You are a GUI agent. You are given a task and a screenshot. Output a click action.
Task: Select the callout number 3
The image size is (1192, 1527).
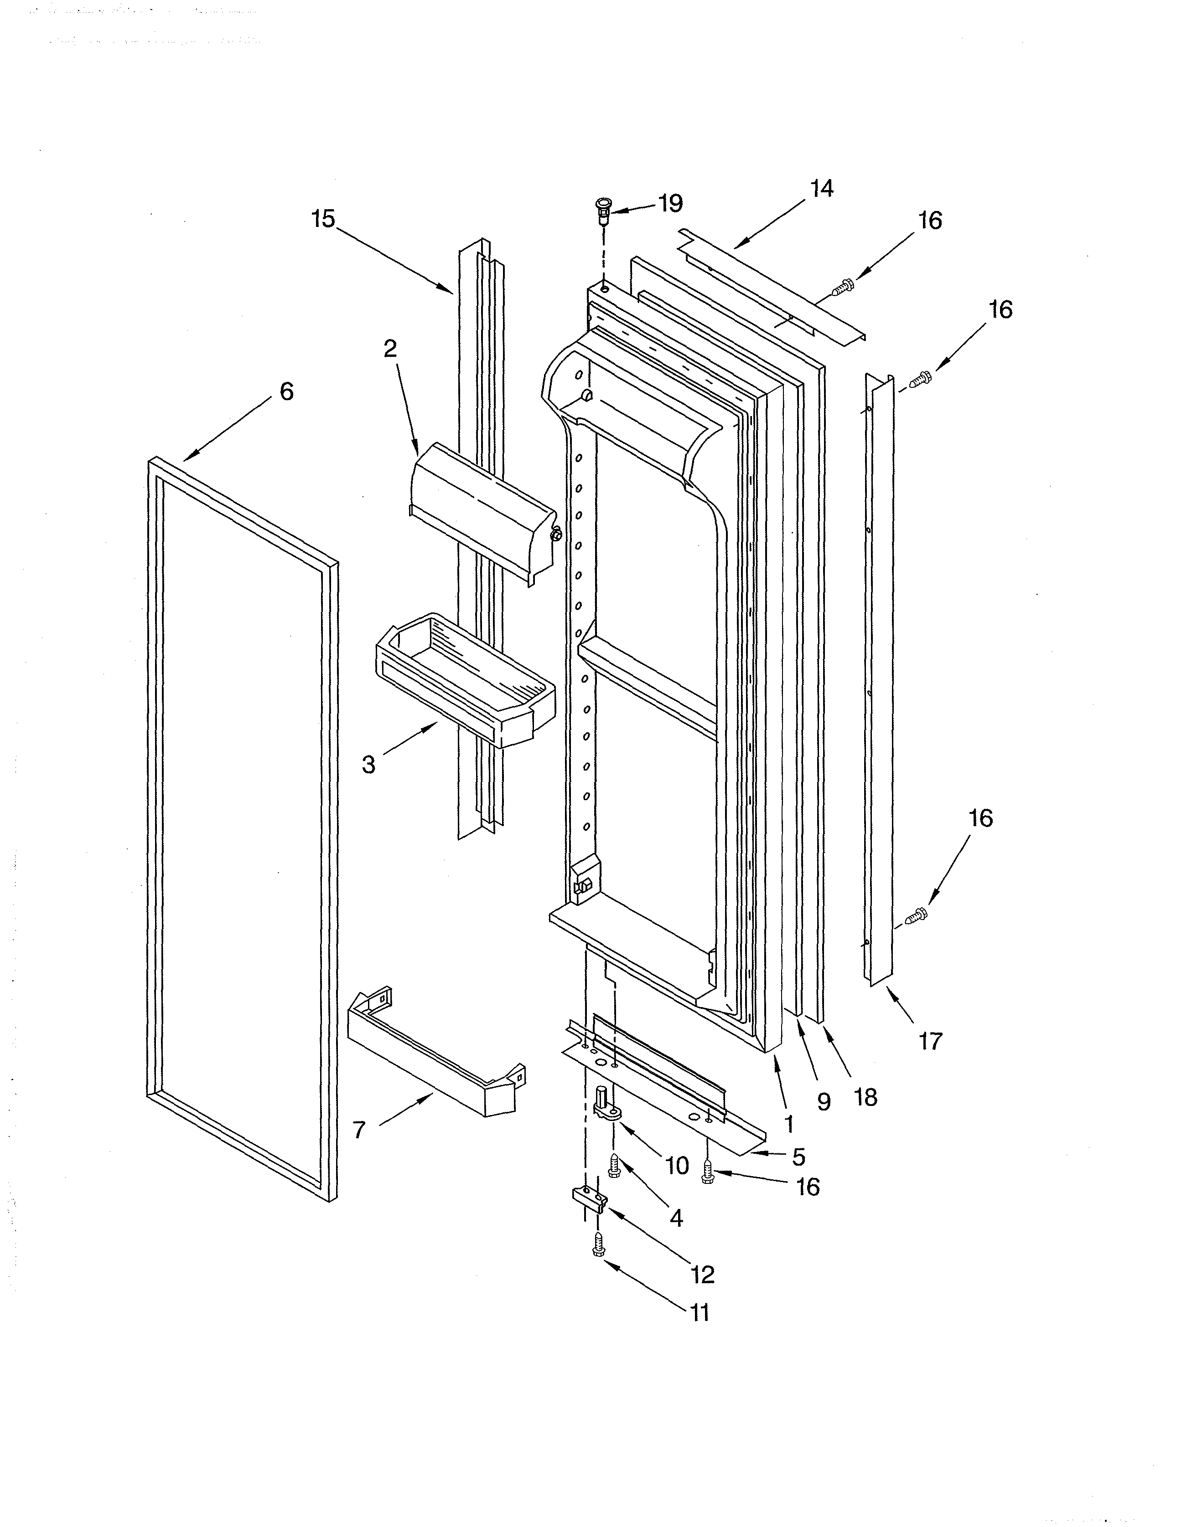pos(368,765)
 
